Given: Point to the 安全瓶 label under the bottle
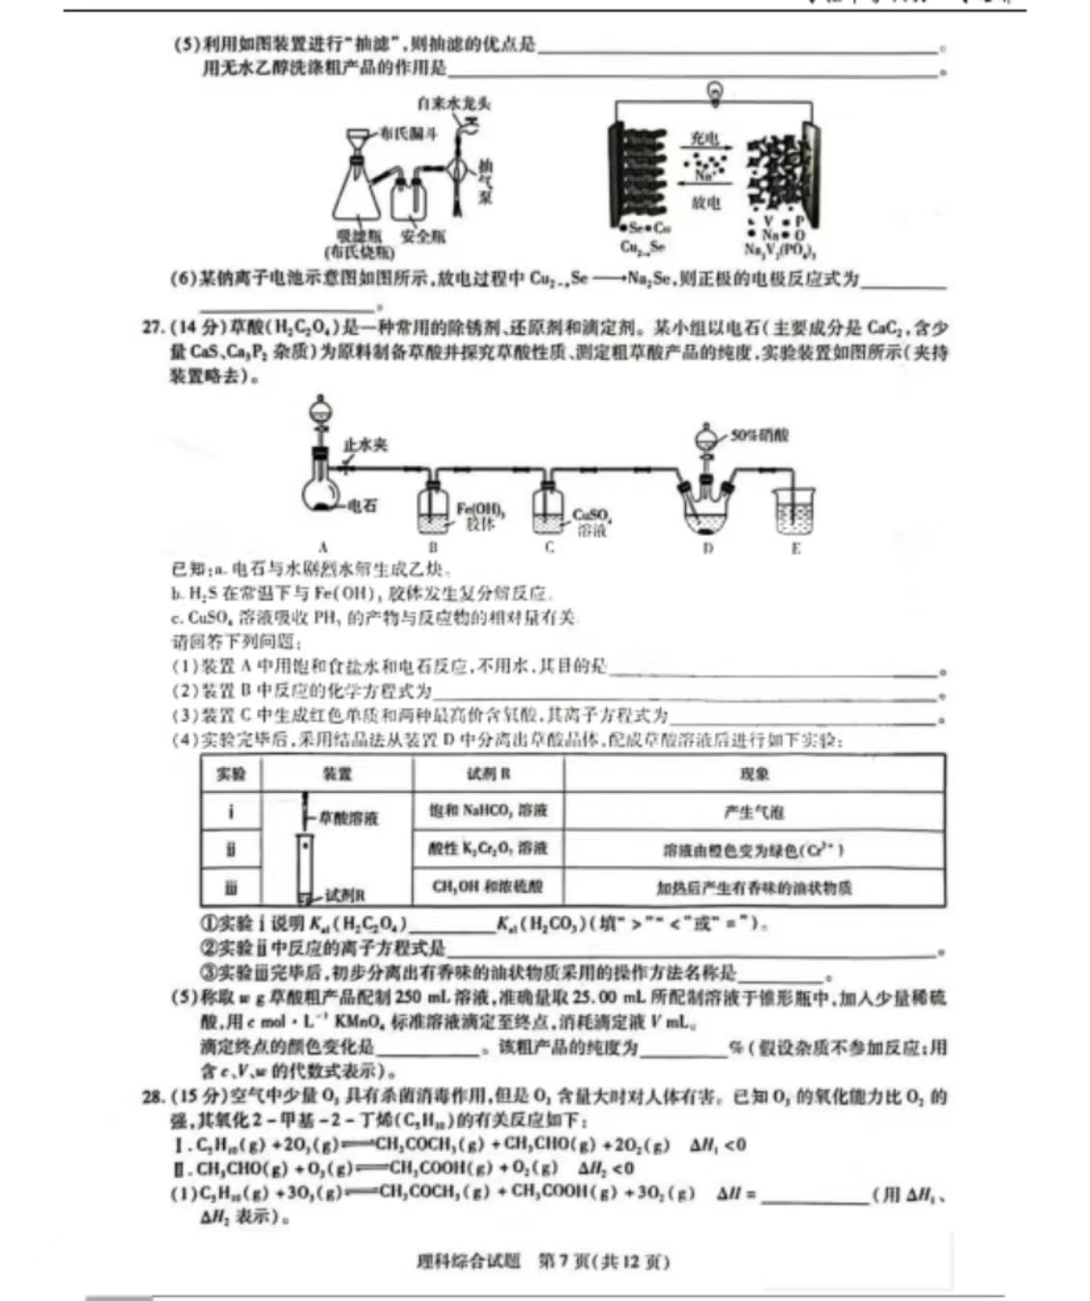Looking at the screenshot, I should [x=422, y=236].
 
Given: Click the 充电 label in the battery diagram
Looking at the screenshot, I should [x=705, y=140].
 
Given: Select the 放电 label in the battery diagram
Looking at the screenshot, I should [x=705, y=202].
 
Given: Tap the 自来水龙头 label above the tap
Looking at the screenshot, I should [x=454, y=103].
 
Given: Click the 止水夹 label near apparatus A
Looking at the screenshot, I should [x=365, y=445].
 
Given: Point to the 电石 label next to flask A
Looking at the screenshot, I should [x=362, y=505].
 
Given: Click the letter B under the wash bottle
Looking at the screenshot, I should [x=433, y=548].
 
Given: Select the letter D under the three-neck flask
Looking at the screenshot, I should [x=708, y=548].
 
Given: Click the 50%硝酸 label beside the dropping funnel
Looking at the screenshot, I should [x=758, y=435].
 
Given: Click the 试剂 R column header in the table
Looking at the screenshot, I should [x=488, y=774].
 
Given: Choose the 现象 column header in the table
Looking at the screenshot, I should [x=754, y=774].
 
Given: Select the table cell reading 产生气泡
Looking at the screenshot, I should [x=754, y=812].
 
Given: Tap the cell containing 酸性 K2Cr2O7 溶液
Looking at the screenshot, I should [x=488, y=849].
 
